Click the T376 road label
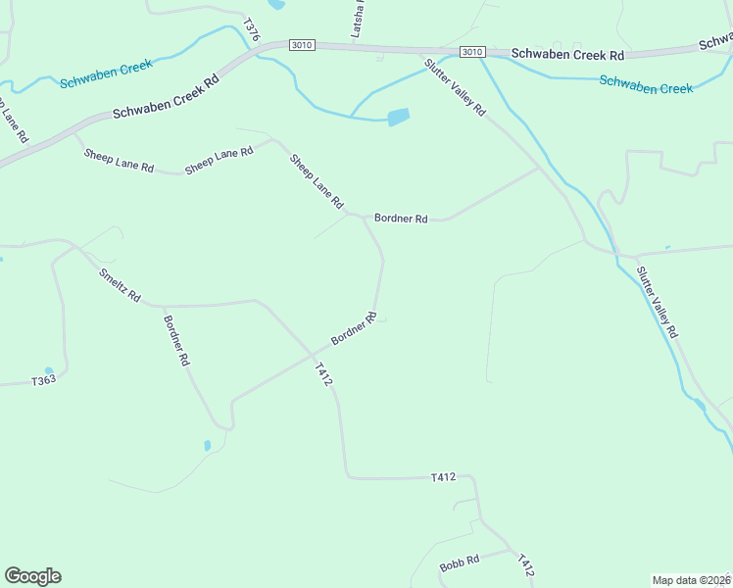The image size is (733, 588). pyautogui.click(x=252, y=29)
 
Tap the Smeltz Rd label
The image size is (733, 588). pyautogui.click(x=120, y=284)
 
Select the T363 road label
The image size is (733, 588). pyautogui.click(x=44, y=380)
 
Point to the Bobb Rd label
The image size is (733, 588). pyautogui.click(x=459, y=563)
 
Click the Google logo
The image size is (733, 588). pyautogui.click(x=32, y=576)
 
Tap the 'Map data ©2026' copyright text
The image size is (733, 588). pyautogui.click(x=690, y=579)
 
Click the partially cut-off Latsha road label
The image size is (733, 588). pyautogui.click(x=358, y=21)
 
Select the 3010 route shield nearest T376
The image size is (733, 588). pyautogui.click(x=302, y=46)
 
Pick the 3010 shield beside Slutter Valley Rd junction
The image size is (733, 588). pyautogui.click(x=472, y=52)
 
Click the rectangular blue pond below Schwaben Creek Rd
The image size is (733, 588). pyautogui.click(x=398, y=118)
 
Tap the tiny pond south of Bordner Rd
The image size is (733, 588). pyautogui.click(x=207, y=446)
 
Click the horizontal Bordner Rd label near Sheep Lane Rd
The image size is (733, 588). pyautogui.click(x=401, y=219)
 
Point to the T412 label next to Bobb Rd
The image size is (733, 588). pyautogui.click(x=525, y=563)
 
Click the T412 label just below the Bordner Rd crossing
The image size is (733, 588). pyautogui.click(x=324, y=373)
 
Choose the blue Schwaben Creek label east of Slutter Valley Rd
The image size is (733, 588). pyautogui.click(x=646, y=85)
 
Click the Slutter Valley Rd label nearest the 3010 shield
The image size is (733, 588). pyautogui.click(x=455, y=87)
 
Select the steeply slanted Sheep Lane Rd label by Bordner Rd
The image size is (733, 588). pyautogui.click(x=317, y=180)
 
